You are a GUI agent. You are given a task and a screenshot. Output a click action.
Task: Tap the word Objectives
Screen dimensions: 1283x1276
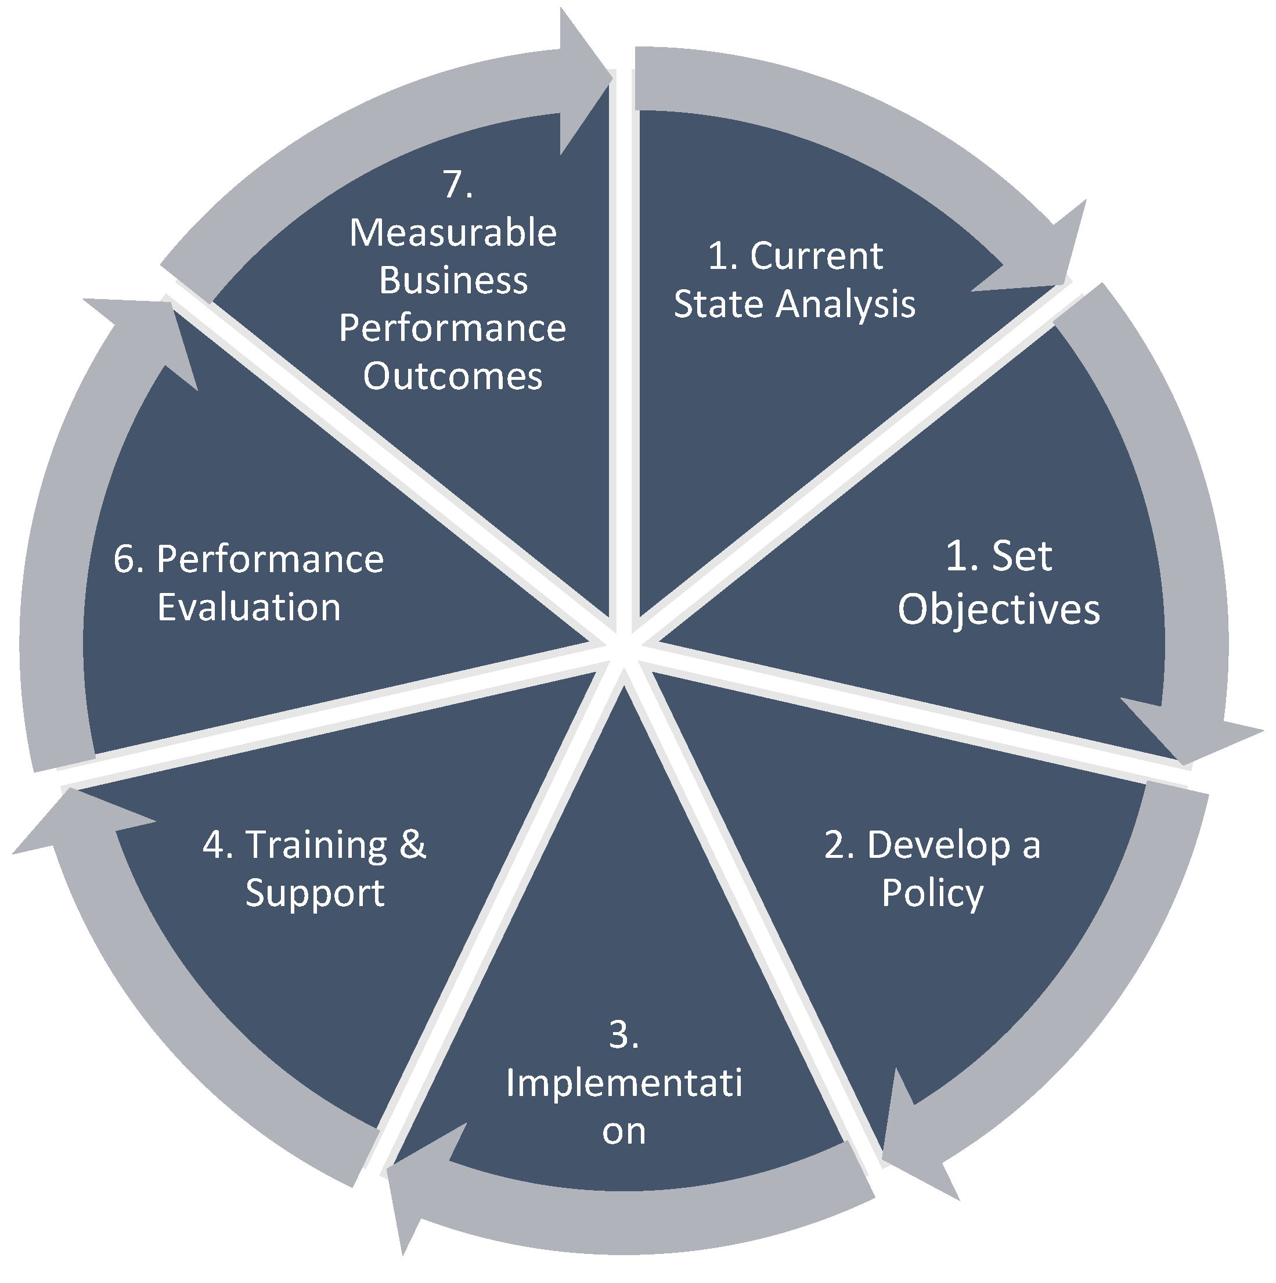[999, 610]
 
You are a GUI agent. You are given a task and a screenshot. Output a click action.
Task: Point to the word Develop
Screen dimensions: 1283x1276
[938, 846]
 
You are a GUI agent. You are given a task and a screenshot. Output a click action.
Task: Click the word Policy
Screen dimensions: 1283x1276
[932, 893]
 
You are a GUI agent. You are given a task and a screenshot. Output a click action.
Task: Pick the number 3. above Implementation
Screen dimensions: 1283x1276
[623, 1034]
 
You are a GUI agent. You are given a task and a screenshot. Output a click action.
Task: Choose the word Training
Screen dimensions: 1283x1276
[316, 846]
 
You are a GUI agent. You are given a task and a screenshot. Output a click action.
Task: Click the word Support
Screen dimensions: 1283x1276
[315, 893]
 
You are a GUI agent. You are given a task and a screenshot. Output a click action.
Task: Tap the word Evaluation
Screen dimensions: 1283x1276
[249, 607]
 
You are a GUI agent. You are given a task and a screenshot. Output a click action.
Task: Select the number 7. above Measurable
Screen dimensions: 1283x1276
[457, 184]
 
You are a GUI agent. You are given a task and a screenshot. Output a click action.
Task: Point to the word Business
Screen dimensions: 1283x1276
[453, 281]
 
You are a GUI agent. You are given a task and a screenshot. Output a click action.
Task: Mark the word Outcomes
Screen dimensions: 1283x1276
[453, 376]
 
